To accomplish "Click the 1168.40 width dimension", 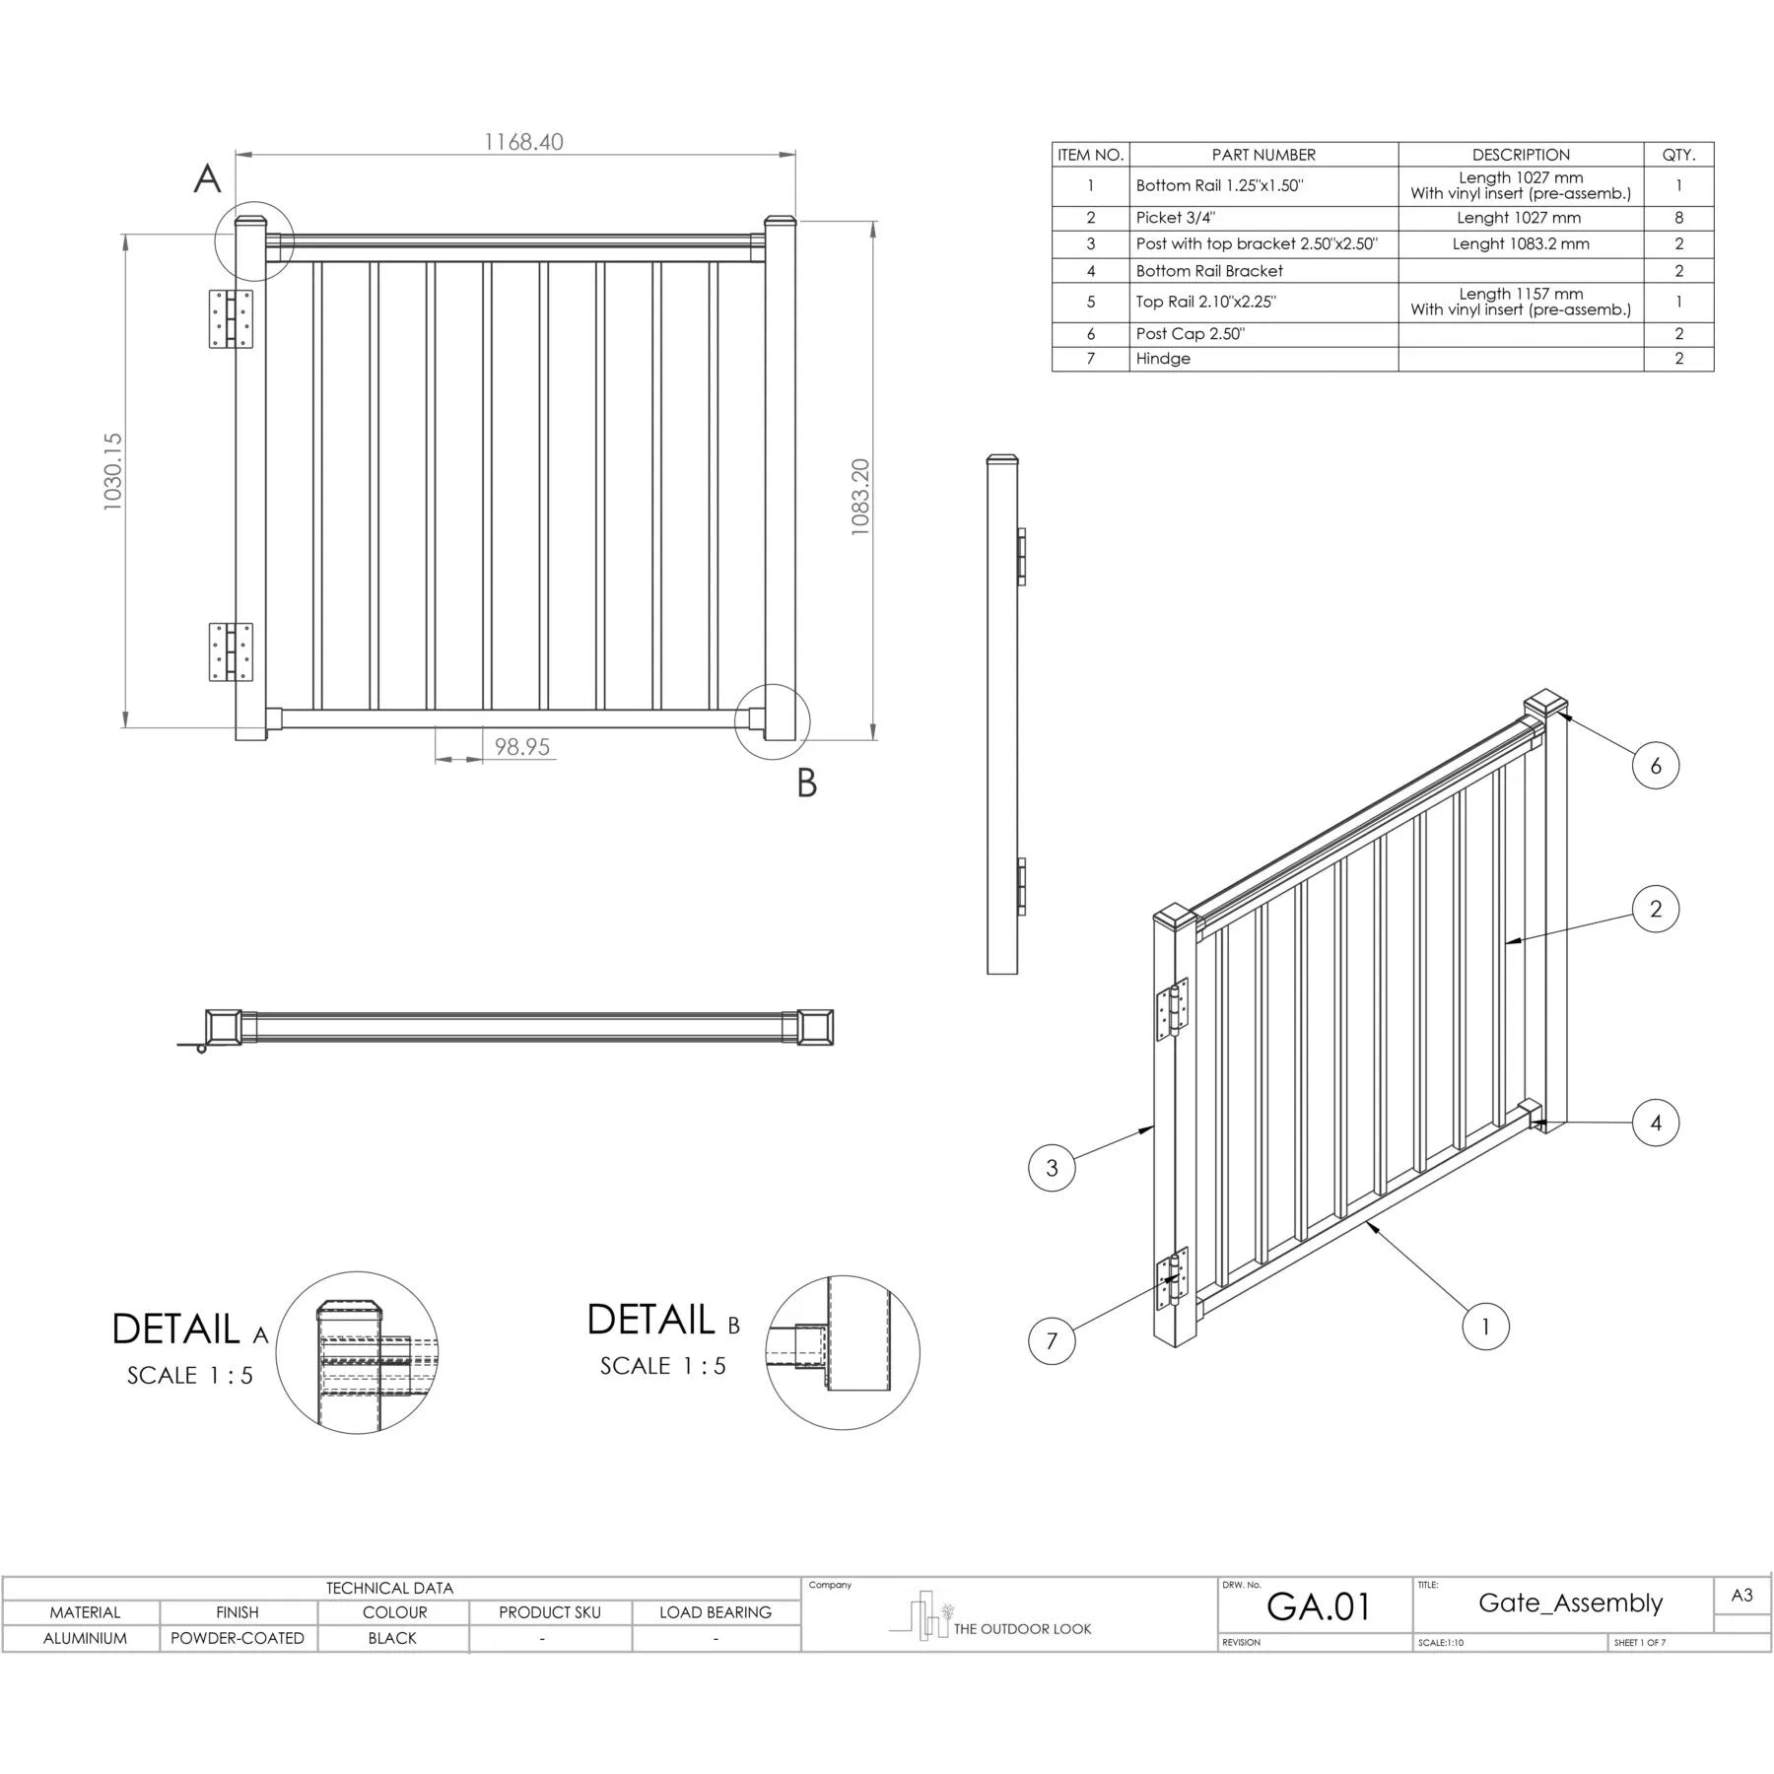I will [x=523, y=142].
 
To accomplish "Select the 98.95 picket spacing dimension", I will [x=521, y=747].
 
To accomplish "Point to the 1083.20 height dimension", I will [x=859, y=497].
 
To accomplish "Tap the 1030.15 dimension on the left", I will [x=112, y=471].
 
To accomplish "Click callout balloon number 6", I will [x=1655, y=765].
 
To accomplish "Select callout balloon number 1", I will [x=1485, y=1327].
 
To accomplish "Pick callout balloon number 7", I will [x=1052, y=1340].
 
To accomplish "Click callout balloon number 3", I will [x=1052, y=1168].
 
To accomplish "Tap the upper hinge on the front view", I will [x=231, y=318].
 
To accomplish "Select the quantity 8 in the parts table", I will [x=1678, y=218].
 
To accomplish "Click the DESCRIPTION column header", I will [x=1521, y=155].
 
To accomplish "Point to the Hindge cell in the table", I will [x=1163, y=359].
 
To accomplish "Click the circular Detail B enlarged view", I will [x=843, y=1352].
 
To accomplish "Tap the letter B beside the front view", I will [x=806, y=784].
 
